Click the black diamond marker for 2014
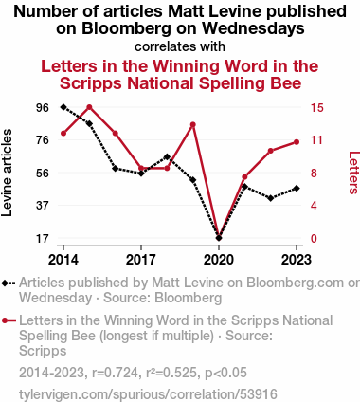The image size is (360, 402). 63,107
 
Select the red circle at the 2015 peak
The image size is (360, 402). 89,107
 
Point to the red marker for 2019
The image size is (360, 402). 193,125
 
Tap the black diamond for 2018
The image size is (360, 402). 167,157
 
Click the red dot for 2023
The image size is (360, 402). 297,142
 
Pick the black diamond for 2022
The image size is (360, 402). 271,198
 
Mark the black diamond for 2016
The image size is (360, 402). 116,169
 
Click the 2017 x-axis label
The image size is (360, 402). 141,260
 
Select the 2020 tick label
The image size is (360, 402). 219,260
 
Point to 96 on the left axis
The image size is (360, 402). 43,108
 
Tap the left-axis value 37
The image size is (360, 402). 43,206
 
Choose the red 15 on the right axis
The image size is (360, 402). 317,108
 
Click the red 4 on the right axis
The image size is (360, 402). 314,206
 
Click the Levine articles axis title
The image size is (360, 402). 7,173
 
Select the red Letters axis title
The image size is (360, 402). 353,173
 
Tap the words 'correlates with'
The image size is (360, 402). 180,46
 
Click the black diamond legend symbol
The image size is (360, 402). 9,283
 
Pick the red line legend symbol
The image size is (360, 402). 9,320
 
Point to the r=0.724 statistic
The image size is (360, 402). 115,373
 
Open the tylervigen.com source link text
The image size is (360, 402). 148,394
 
